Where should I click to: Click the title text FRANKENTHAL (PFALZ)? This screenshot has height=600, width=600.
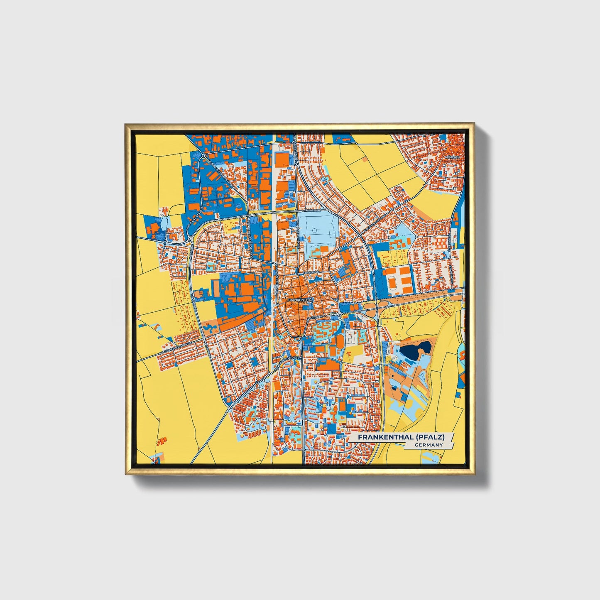(x=401, y=437)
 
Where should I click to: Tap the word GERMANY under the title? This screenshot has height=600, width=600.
(x=428, y=445)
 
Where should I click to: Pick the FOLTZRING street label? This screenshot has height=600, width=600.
(x=311, y=272)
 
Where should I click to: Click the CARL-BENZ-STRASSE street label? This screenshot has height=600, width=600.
(x=193, y=219)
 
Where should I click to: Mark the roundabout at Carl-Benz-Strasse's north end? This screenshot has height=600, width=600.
(x=204, y=157)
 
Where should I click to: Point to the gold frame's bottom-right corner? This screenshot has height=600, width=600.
(x=473, y=473)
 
